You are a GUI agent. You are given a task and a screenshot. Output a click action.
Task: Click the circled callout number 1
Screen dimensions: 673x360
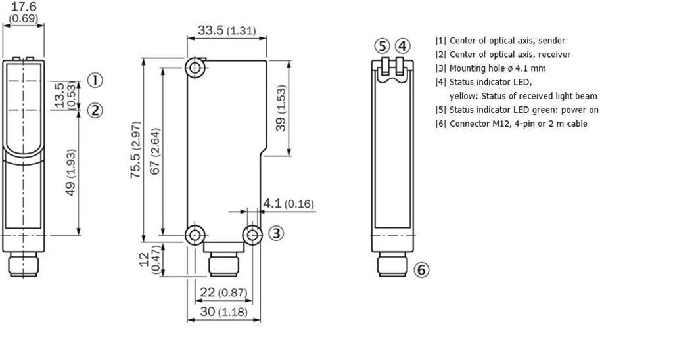coord(95,80)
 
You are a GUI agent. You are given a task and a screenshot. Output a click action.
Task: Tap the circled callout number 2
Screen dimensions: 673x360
coord(95,111)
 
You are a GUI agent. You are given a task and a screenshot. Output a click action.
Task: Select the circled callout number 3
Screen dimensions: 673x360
coord(277,233)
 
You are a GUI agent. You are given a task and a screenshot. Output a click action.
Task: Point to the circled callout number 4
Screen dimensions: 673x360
coord(402,46)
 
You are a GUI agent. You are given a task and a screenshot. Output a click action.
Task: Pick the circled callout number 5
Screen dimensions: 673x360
coord(382,46)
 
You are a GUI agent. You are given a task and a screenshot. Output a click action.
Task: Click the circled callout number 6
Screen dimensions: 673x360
coord(421,270)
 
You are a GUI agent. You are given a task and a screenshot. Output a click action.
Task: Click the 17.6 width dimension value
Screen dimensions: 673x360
coord(24,7)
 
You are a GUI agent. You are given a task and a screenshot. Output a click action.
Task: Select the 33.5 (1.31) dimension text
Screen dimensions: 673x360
coord(227,30)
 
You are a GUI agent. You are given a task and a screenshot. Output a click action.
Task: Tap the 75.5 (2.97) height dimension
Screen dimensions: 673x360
coord(135,150)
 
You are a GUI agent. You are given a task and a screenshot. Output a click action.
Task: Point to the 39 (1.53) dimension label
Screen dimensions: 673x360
coord(281,108)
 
